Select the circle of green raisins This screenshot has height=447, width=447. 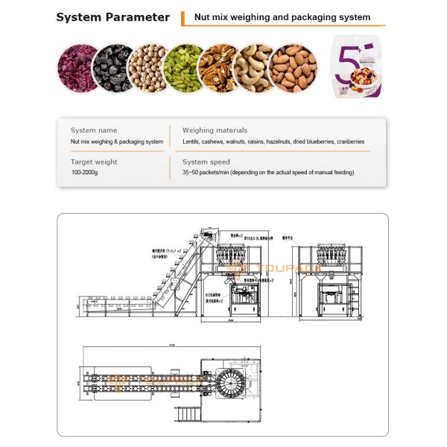(x=183, y=68)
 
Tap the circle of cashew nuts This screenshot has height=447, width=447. (x=254, y=68)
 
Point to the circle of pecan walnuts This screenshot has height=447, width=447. (x=219, y=68)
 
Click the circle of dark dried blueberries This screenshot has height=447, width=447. (x=112, y=68)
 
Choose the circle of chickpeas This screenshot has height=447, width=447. (x=148, y=68)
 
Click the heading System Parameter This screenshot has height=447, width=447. (x=112, y=17)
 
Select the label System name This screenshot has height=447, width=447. (x=93, y=130)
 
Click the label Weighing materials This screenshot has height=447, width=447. (x=215, y=130)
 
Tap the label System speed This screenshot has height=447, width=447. (x=206, y=162)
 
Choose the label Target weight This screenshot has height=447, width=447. (x=94, y=162)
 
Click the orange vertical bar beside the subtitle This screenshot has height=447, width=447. (x=183, y=18)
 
